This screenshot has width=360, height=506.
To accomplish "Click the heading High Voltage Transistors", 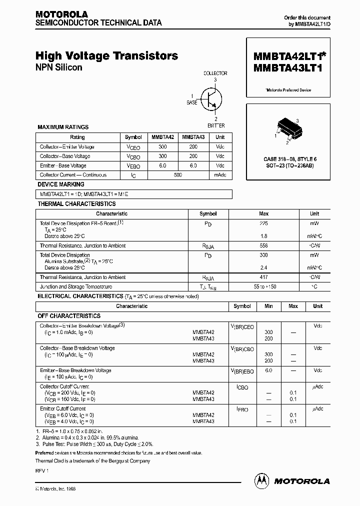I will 106,56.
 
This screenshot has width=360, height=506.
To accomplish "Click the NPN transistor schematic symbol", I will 209,98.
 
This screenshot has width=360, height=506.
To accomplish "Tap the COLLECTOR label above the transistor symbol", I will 215,73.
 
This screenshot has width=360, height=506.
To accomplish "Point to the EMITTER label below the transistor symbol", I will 215,125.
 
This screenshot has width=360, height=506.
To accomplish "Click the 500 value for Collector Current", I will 178,175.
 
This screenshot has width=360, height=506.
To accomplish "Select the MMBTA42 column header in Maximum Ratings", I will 163,137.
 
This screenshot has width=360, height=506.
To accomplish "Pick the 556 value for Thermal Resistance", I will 263,245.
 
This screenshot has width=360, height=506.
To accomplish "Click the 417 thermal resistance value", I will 263,277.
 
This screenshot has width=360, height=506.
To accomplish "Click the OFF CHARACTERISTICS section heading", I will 69,316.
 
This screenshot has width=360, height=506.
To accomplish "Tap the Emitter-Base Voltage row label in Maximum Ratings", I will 63,165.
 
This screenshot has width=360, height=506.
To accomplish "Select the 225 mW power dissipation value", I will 263,223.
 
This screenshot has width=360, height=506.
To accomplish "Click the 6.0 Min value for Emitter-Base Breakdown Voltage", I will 268,370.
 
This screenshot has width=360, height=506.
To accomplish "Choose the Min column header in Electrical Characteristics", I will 268,306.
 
